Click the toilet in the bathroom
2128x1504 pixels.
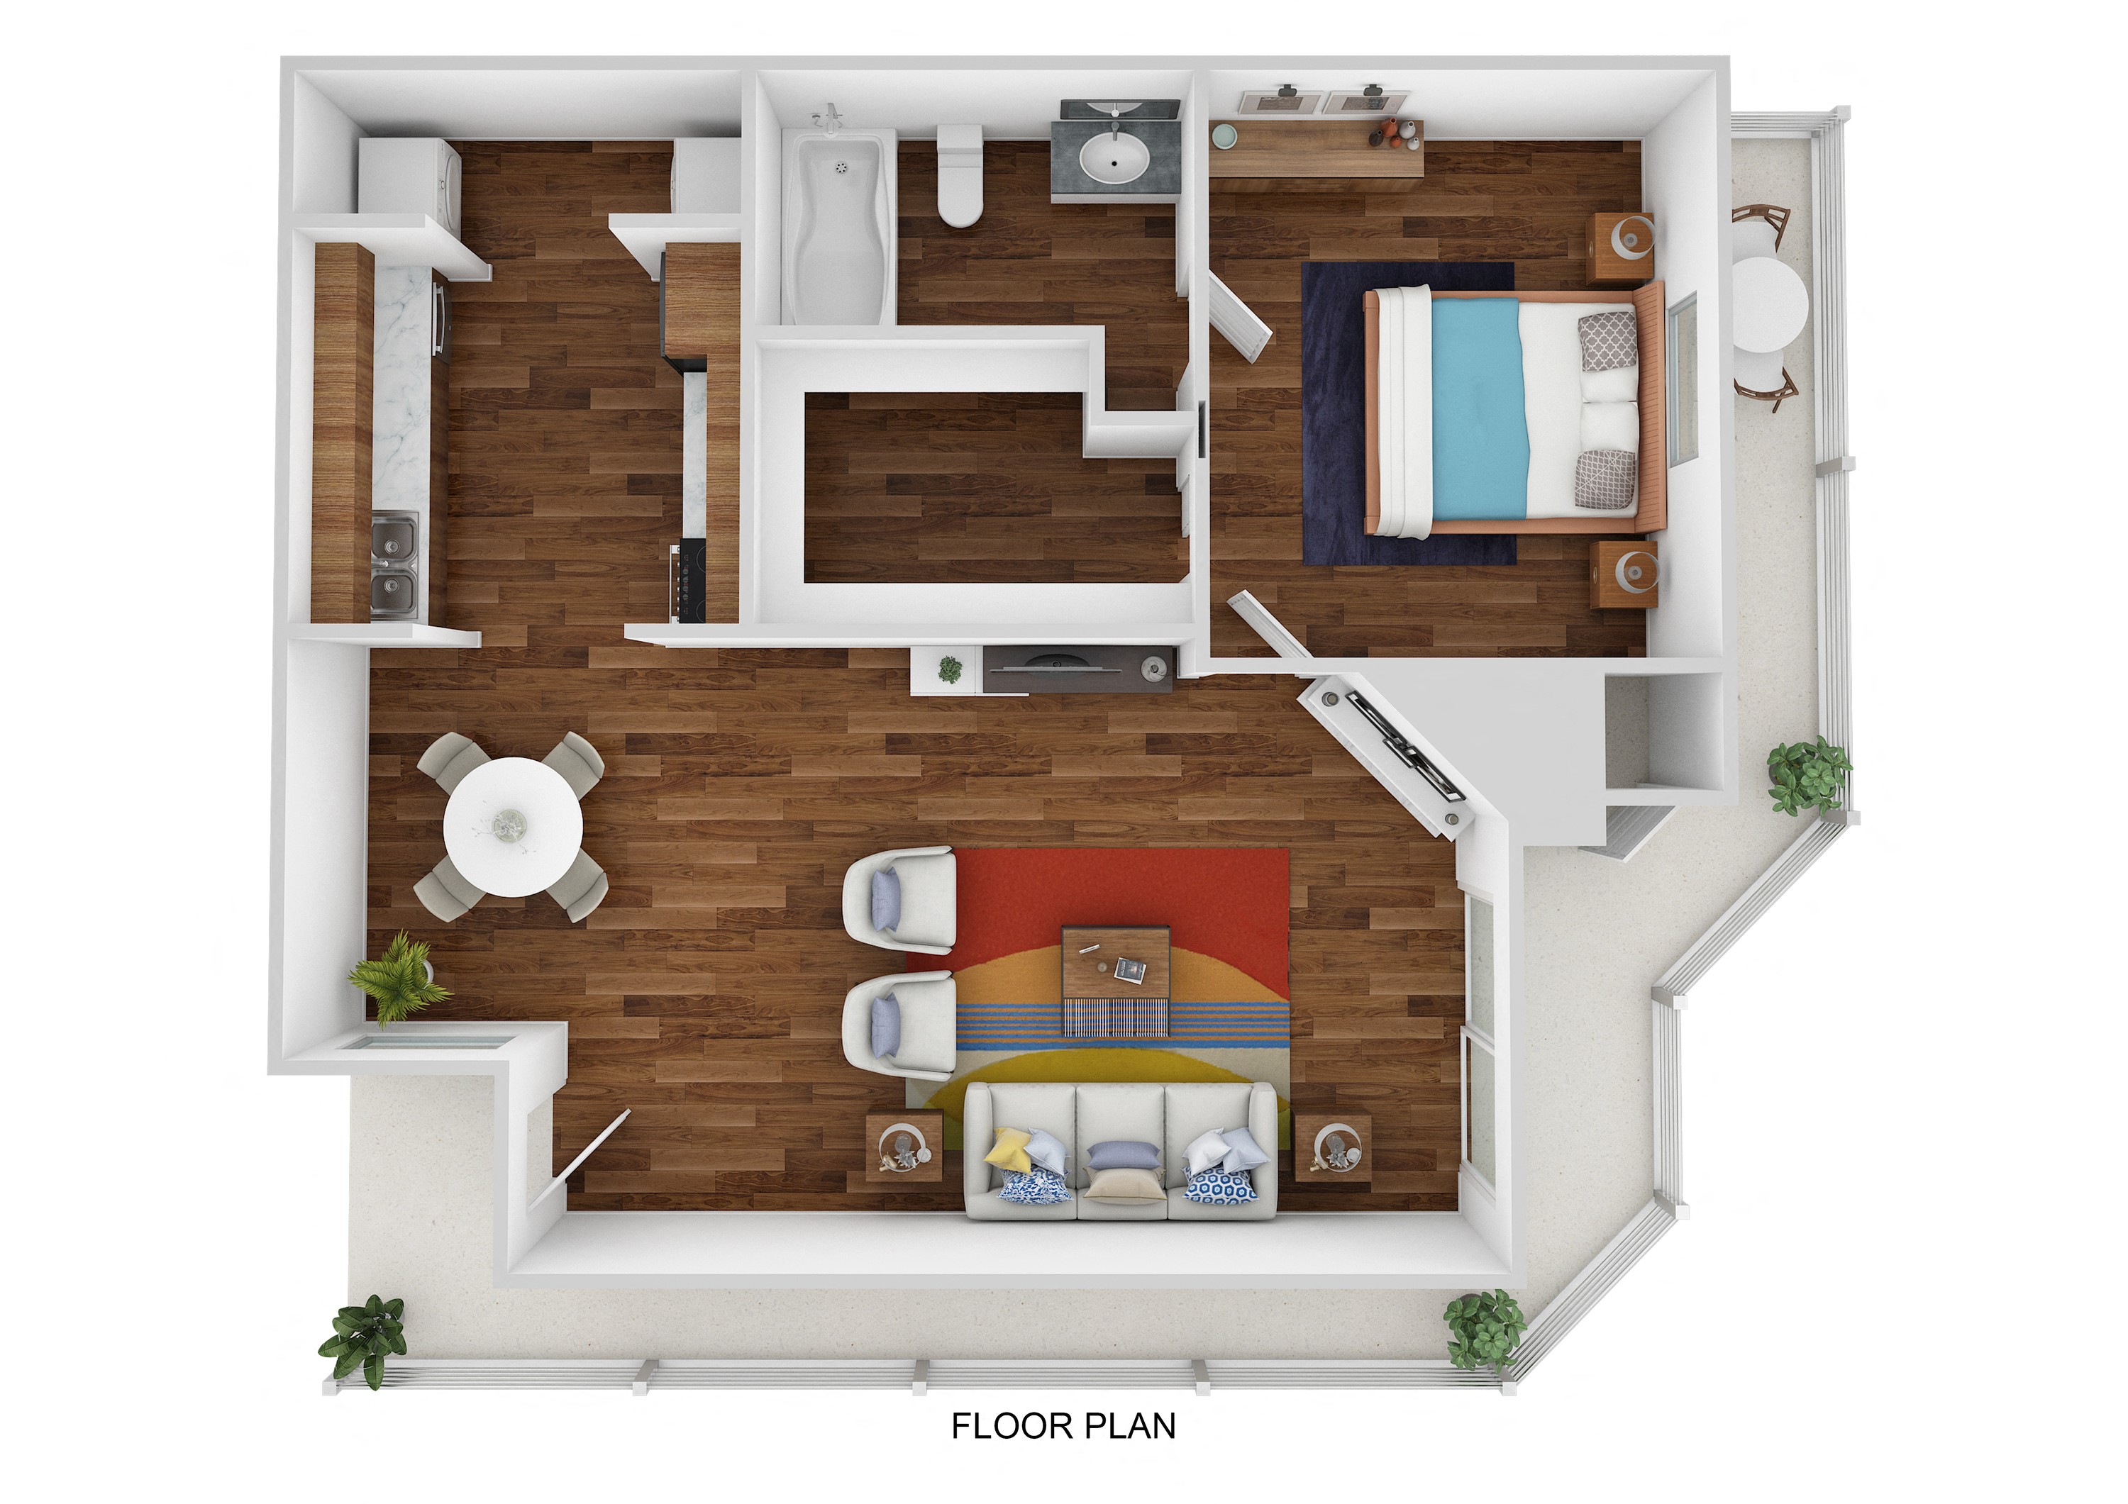959,175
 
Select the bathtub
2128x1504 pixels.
838,228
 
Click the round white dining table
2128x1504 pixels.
513,827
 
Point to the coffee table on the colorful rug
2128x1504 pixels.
1116,979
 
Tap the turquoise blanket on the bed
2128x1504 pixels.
1478,408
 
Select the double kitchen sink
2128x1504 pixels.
394,565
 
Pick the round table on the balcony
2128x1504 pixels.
1768,305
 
